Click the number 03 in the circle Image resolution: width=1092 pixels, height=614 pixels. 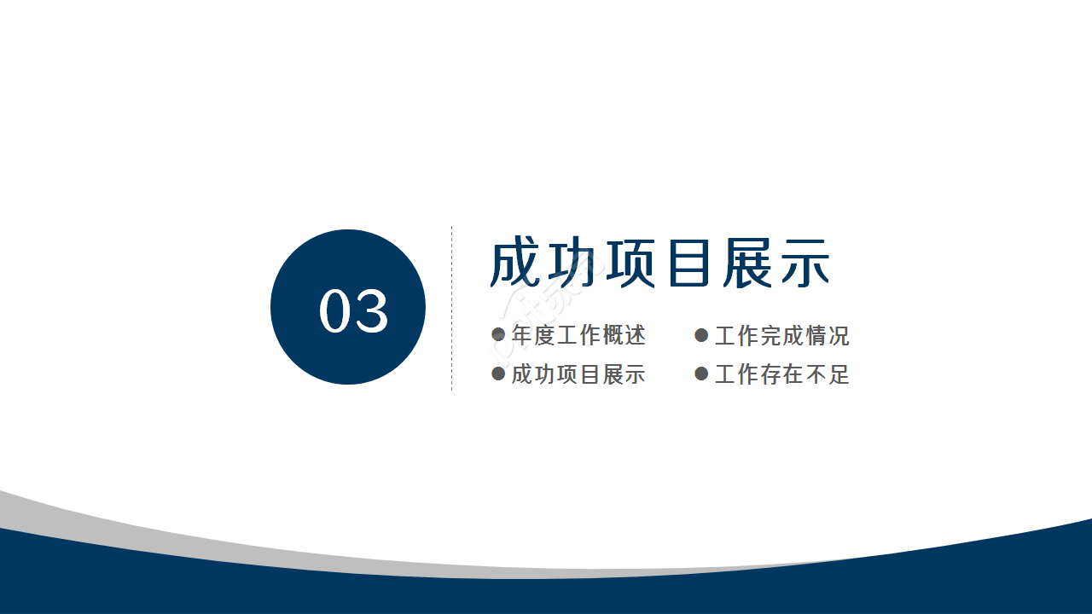click(354, 310)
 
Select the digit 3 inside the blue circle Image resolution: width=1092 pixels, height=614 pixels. click(373, 310)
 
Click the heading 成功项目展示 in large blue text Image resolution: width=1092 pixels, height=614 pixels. click(659, 264)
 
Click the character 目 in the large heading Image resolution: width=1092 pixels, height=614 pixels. click(688, 264)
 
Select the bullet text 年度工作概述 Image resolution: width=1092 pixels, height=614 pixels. click(578, 335)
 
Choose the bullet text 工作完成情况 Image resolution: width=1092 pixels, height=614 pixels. click(781, 335)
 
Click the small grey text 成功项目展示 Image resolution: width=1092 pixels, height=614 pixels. click(578, 374)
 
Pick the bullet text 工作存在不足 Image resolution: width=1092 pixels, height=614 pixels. click(781, 374)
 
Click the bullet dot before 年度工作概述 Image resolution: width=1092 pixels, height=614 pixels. click(499, 335)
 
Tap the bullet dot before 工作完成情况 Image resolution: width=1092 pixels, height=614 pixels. click(701, 335)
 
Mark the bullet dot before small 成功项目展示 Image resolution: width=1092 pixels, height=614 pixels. click(499, 374)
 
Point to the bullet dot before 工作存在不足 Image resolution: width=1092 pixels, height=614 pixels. click(701, 374)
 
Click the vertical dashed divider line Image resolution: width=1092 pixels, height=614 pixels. click(451, 308)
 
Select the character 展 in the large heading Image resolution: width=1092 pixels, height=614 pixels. click(746, 264)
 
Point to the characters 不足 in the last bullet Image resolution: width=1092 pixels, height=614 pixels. click(827, 374)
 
